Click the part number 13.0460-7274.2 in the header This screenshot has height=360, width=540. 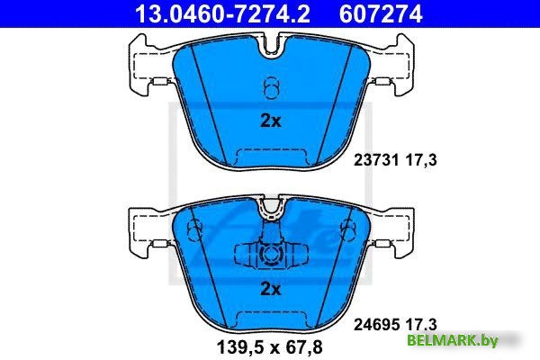pos(222,13)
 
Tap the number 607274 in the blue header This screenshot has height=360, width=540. pos(381,13)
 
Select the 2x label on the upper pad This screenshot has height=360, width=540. pos(271,121)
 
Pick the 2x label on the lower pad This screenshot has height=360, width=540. pos(271,289)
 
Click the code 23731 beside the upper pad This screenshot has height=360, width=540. pos(376,160)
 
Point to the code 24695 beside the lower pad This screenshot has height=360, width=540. pos(376,324)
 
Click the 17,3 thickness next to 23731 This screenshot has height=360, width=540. pos(421,160)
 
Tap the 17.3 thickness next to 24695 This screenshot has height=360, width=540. pos(421,324)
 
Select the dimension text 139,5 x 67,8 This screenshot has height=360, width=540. pos(270,346)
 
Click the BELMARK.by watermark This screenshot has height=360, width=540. pos(453,341)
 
